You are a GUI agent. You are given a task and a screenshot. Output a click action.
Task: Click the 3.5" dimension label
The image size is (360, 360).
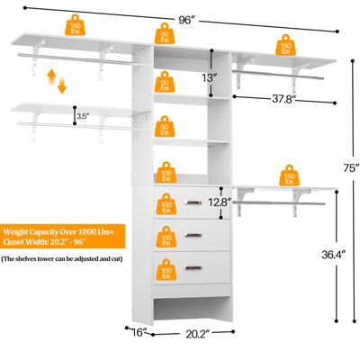[x=82, y=116]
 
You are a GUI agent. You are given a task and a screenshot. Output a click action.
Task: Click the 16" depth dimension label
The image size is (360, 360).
[x=137, y=333]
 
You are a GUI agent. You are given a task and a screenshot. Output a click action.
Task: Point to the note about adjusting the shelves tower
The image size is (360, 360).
[x=62, y=259]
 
